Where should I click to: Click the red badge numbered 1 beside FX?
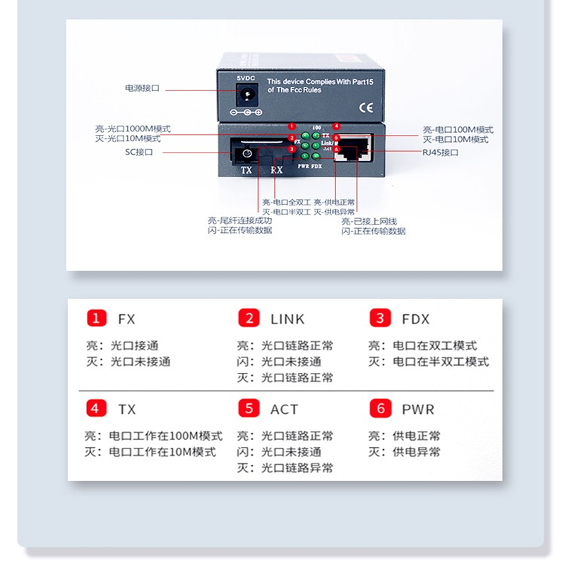click(96, 318)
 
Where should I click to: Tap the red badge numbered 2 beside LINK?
click(249, 318)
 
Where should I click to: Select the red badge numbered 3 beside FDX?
click(380, 318)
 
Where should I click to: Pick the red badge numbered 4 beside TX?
click(96, 408)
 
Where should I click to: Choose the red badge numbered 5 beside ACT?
click(249, 408)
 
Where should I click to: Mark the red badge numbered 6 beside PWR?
click(380, 408)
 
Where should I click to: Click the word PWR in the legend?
click(418, 409)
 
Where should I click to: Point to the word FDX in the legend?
click(415, 319)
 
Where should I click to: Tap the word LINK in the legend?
click(287, 319)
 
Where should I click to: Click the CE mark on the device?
click(367, 108)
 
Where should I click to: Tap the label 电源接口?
click(142, 88)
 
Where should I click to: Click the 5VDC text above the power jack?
click(246, 76)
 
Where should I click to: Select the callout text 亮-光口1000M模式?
click(133, 129)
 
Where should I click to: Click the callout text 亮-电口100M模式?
click(458, 130)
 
